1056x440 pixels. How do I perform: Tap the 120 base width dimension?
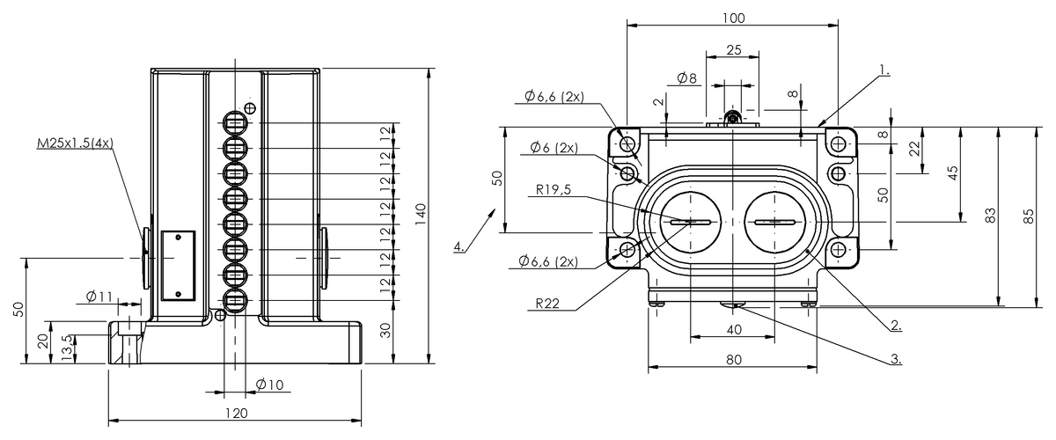[x=235, y=412]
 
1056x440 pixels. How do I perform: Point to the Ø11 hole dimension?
[x=100, y=296]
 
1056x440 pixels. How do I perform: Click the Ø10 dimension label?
[x=269, y=384]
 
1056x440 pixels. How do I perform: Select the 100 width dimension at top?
[x=732, y=18]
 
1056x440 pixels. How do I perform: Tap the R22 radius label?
[x=549, y=304]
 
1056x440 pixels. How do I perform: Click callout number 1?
[x=884, y=68]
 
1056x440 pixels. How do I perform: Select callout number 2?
[x=895, y=325]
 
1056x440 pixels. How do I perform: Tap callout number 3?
[x=895, y=358]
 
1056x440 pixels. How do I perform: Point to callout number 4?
[x=459, y=246]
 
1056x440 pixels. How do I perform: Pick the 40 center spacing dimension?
[x=734, y=329]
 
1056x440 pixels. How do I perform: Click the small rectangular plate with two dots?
[x=179, y=266]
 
